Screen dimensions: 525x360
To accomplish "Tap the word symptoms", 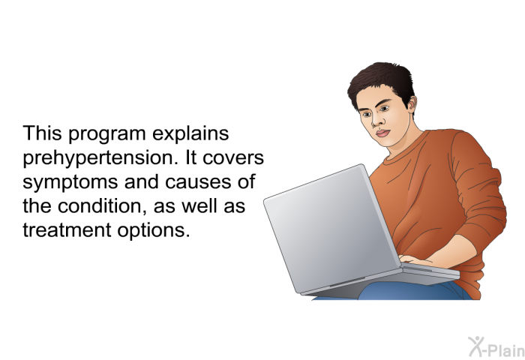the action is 70,183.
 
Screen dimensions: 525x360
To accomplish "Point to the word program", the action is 106,134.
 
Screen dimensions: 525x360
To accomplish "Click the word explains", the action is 190,134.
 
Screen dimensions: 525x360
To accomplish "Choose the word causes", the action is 198,182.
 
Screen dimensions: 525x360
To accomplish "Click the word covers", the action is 233,158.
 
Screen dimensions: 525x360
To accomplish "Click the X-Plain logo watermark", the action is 496,347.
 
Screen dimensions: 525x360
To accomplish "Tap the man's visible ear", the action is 412,103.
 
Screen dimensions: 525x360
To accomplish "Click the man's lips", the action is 382,133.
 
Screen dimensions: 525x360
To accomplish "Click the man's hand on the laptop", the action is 412,259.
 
